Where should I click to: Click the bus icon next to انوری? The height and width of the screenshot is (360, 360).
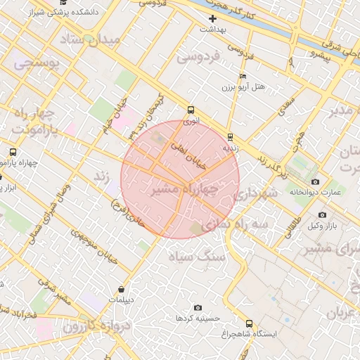191,110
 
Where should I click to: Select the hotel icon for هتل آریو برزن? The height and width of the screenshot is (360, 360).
243,76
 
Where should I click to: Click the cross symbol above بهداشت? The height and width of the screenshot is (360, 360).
212,18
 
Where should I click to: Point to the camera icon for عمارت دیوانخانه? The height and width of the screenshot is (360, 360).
314,181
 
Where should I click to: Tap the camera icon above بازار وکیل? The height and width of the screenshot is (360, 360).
322,214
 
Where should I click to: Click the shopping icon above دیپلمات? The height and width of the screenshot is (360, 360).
122,289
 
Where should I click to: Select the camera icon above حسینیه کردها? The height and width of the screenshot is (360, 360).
198,308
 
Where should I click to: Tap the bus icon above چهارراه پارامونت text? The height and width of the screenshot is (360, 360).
13,152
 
